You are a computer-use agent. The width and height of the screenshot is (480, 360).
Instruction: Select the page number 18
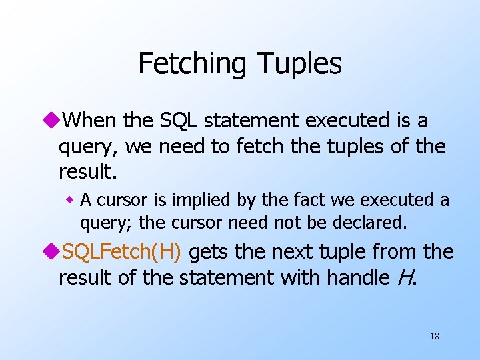tap(434, 336)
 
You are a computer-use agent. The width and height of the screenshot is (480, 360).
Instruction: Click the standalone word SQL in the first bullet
tap(179, 121)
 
